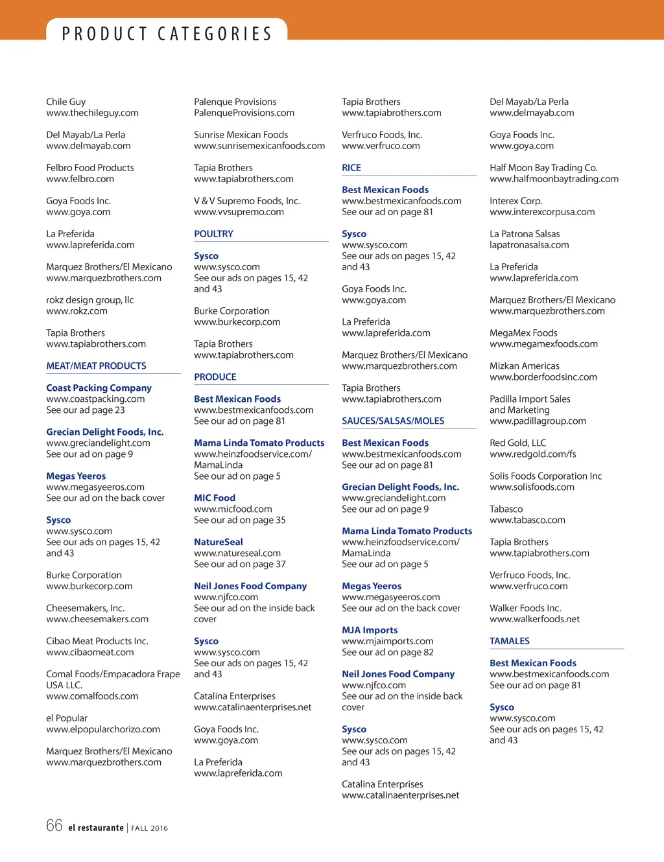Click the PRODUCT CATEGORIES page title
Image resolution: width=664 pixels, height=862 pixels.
point(167,34)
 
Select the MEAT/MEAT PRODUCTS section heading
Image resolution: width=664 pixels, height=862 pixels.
point(96,366)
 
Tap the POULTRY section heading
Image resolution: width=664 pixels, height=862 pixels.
point(213,234)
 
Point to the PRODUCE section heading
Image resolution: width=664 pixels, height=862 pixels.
point(215,377)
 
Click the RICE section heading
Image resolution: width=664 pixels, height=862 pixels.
point(351,168)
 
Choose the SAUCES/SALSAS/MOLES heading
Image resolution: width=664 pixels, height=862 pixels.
point(393,421)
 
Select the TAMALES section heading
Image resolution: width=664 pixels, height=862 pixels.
point(510,642)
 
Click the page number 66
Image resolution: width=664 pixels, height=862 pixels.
point(54,826)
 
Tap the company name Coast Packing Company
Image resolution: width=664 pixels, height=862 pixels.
point(99,388)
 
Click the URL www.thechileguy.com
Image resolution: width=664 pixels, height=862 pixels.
point(92,113)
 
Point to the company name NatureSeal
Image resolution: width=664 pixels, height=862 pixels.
point(219,542)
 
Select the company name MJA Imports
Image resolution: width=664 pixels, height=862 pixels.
point(370,631)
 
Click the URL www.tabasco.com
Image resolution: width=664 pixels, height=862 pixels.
point(527,520)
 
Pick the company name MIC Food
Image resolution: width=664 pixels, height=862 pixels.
point(215,498)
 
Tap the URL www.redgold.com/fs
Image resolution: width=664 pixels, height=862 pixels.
point(532,454)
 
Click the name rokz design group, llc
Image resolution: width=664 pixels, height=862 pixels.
point(90,300)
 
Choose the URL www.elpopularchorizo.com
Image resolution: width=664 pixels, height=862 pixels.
point(103,730)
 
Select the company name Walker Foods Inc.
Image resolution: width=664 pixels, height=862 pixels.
point(525,609)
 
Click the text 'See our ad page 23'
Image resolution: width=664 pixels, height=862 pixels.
point(86,410)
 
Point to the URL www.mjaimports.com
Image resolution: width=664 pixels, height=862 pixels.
point(388,642)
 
